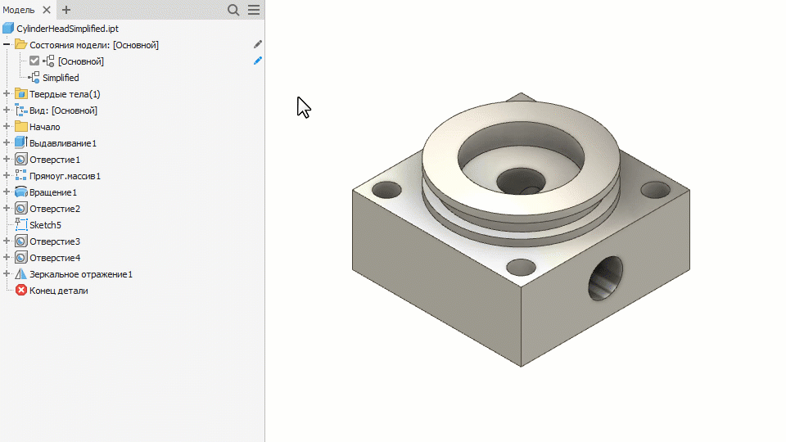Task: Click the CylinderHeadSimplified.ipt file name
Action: pyautogui.click(x=68, y=29)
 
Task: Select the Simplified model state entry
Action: pyautogui.click(x=61, y=78)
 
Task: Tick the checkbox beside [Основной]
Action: pyautogui.click(x=34, y=61)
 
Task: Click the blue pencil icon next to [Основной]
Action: pyautogui.click(x=258, y=61)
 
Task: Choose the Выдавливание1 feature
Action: pyautogui.click(x=63, y=143)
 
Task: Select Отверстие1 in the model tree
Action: pyautogui.click(x=55, y=160)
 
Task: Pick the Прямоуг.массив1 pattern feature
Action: pyautogui.click(x=65, y=176)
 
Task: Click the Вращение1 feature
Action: pyautogui.click(x=53, y=192)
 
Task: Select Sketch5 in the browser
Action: pyautogui.click(x=45, y=225)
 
